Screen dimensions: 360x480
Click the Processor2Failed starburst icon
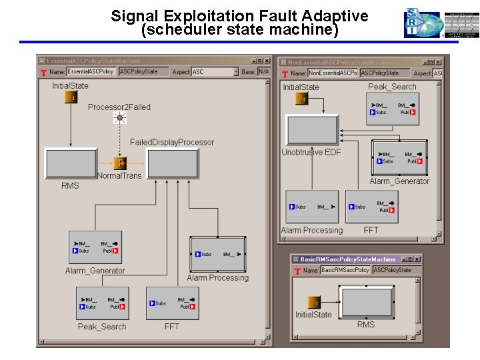(x=119, y=118)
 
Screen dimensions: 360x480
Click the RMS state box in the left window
(x=70, y=163)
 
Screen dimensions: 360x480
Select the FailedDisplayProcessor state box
(x=173, y=163)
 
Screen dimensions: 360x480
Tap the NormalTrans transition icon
(x=119, y=163)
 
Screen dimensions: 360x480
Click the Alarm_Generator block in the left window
(x=95, y=247)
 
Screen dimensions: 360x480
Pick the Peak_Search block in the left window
(x=102, y=303)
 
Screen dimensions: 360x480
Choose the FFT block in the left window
(x=172, y=303)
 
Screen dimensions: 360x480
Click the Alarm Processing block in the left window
(x=217, y=253)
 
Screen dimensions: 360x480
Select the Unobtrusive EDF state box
(x=312, y=130)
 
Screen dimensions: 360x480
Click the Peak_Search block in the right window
(x=393, y=108)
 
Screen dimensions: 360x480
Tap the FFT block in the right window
(x=371, y=207)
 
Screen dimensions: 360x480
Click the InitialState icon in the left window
(x=70, y=97)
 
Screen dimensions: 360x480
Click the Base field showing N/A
(x=264, y=71)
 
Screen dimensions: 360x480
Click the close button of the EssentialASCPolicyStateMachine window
(x=267, y=61)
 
